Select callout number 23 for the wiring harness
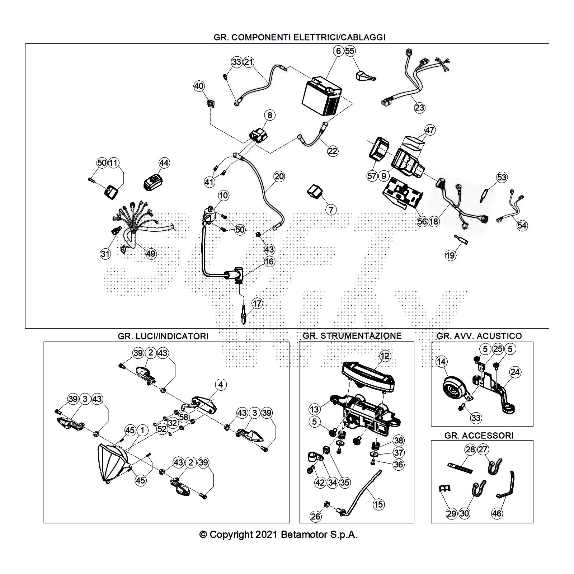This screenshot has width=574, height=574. (x=419, y=107)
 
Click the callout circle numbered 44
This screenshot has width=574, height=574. (x=164, y=163)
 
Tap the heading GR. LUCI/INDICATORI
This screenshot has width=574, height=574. (x=163, y=336)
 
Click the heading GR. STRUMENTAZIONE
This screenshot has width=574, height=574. (x=352, y=336)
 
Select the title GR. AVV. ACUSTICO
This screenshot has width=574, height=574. (x=479, y=336)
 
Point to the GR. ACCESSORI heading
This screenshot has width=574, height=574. (x=479, y=436)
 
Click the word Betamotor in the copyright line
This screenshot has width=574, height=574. (x=304, y=535)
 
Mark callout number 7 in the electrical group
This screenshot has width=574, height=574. (x=331, y=210)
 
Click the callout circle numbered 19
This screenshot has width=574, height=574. (x=450, y=255)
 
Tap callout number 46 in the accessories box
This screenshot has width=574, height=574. (x=497, y=513)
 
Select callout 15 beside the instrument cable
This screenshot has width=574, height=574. (x=378, y=504)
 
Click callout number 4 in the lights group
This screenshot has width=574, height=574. (x=221, y=385)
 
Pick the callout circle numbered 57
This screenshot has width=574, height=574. (x=372, y=176)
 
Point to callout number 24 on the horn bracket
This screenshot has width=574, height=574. (x=515, y=372)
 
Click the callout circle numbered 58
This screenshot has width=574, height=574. (x=184, y=417)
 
